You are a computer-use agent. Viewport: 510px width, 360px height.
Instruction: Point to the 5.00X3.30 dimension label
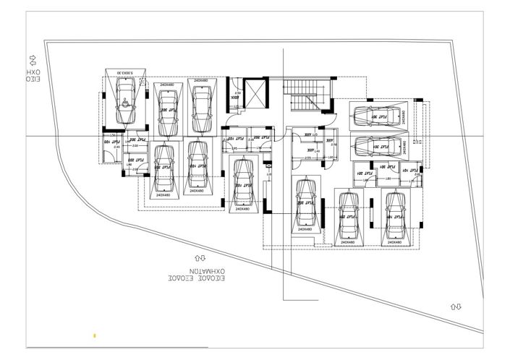126,72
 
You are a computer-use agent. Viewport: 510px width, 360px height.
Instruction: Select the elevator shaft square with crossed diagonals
255,93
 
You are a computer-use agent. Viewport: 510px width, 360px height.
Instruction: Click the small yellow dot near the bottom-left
94,335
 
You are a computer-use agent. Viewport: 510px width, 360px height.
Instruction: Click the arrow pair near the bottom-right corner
456,307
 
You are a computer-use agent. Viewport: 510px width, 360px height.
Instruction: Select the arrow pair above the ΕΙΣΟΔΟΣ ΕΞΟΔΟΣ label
200,257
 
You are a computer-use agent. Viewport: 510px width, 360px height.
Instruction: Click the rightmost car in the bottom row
394,215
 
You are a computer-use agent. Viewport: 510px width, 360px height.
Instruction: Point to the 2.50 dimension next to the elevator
237,93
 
